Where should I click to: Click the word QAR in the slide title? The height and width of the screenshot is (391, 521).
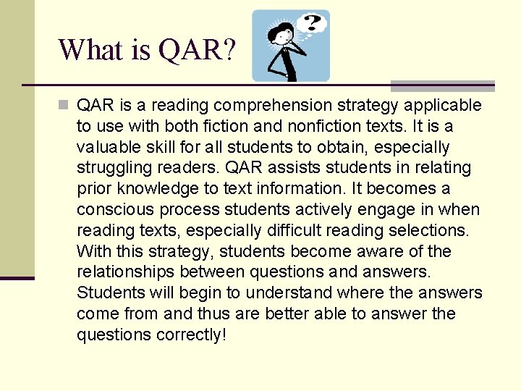196,50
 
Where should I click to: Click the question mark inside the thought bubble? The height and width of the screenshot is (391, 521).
312,23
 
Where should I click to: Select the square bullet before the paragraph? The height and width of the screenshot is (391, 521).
64,106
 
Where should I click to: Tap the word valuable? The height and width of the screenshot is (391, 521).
109,148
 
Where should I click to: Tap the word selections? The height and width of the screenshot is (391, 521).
428,231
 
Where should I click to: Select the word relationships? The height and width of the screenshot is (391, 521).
125,272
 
